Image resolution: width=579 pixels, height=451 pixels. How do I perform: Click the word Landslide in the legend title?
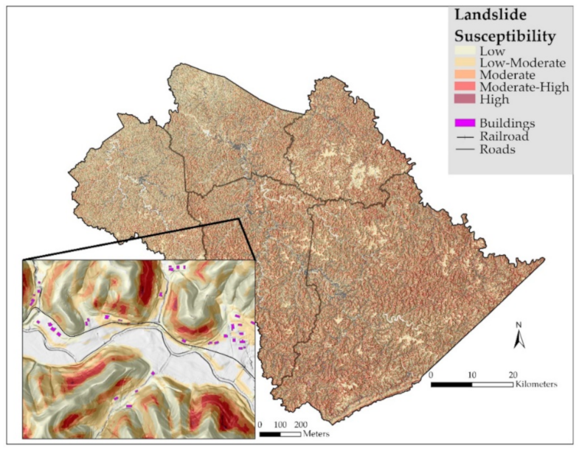pos(485,14)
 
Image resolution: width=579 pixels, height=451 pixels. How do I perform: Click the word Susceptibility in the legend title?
pos(504,35)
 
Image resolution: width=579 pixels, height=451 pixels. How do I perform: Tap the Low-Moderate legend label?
pos(522,63)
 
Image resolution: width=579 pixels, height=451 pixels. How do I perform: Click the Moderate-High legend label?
pos(524,87)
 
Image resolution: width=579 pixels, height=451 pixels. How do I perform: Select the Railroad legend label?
pos(504,136)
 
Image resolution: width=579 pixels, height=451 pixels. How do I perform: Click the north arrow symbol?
pos(519,337)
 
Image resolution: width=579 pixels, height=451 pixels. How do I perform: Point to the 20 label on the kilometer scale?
pos(513,374)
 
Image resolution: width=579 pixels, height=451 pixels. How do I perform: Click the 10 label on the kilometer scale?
pos(472,374)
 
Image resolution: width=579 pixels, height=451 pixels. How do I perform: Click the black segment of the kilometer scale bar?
pos(451,384)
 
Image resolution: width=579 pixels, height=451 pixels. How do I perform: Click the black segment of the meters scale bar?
pos(271,434)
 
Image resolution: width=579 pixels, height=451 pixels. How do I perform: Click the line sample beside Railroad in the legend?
pos(465,136)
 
